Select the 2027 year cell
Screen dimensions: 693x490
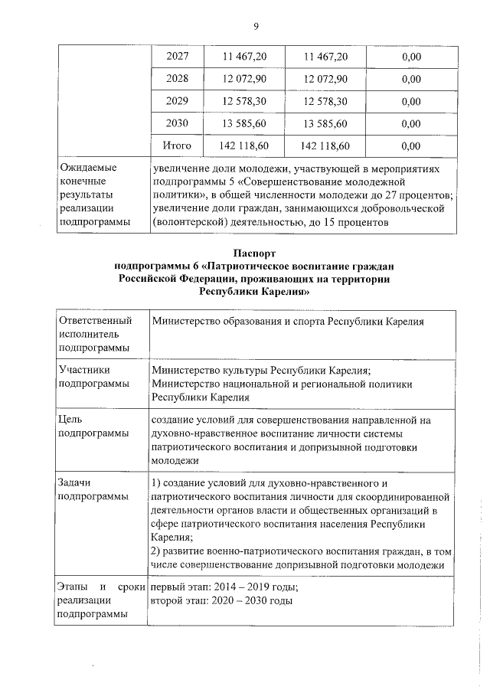[178, 57]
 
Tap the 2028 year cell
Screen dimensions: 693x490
[178, 79]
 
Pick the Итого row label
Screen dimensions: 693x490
[178, 145]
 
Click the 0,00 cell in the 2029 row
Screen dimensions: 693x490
[411, 101]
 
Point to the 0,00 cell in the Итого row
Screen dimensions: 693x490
[411, 145]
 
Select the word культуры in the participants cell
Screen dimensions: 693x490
[246, 370]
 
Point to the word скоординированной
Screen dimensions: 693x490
[402, 497]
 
